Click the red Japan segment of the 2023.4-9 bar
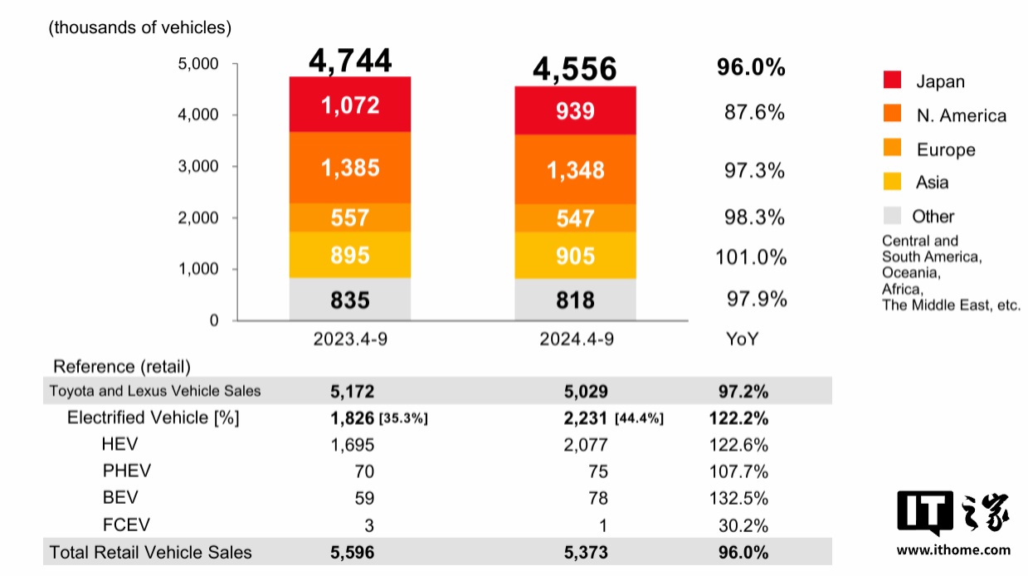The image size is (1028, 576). tap(350, 105)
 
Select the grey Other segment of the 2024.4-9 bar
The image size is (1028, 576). tap(575, 300)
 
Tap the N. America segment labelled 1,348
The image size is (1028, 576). tap(575, 170)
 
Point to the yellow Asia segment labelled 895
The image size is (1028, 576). tap(350, 255)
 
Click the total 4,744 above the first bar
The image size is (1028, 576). tap(350, 61)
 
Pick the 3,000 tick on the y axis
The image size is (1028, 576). tap(198, 166)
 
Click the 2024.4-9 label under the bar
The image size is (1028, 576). tap(575, 339)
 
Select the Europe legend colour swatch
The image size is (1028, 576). tap(892, 149)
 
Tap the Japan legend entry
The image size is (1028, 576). tap(940, 81)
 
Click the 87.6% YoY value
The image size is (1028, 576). tap(754, 112)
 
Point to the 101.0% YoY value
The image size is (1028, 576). tap(751, 257)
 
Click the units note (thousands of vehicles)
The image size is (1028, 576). tap(140, 27)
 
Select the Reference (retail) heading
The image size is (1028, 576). tap(122, 366)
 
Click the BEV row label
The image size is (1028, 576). tap(120, 498)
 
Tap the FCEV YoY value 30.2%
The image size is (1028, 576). tap(743, 525)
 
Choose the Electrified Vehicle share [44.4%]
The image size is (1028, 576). tap(639, 419)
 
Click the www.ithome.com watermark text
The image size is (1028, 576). tap(953, 549)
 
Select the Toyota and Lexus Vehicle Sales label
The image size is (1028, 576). tap(155, 391)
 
